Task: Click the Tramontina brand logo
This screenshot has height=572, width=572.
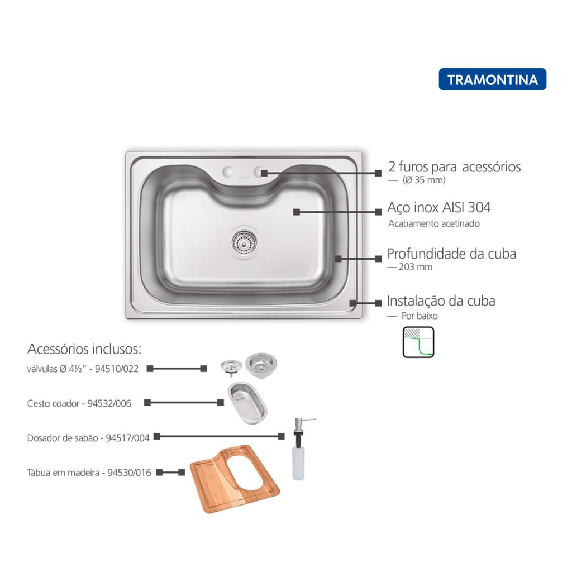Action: (x=493, y=79)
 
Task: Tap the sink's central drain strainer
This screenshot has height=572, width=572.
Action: (x=245, y=241)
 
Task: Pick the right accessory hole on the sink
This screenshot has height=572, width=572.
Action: (x=259, y=171)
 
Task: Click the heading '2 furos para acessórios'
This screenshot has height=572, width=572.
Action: (x=455, y=166)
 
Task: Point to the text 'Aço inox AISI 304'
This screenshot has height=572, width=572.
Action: (x=439, y=208)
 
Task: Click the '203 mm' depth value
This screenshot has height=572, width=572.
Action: (x=416, y=267)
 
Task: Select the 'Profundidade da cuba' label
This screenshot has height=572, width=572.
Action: (x=451, y=254)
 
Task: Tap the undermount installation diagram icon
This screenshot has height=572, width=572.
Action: (x=418, y=342)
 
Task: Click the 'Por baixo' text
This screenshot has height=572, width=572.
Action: (x=420, y=316)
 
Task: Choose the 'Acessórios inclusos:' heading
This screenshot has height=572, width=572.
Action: (x=84, y=349)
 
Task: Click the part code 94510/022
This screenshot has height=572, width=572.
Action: (x=117, y=369)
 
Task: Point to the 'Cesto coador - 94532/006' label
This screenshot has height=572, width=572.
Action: (x=79, y=403)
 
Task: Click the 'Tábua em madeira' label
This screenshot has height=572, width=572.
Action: (x=63, y=473)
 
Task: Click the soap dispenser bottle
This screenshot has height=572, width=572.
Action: (x=299, y=450)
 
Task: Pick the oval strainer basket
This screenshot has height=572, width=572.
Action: (x=247, y=403)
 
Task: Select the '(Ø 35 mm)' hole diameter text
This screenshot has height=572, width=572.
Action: (x=424, y=180)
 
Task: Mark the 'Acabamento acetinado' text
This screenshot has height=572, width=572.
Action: (x=433, y=223)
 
